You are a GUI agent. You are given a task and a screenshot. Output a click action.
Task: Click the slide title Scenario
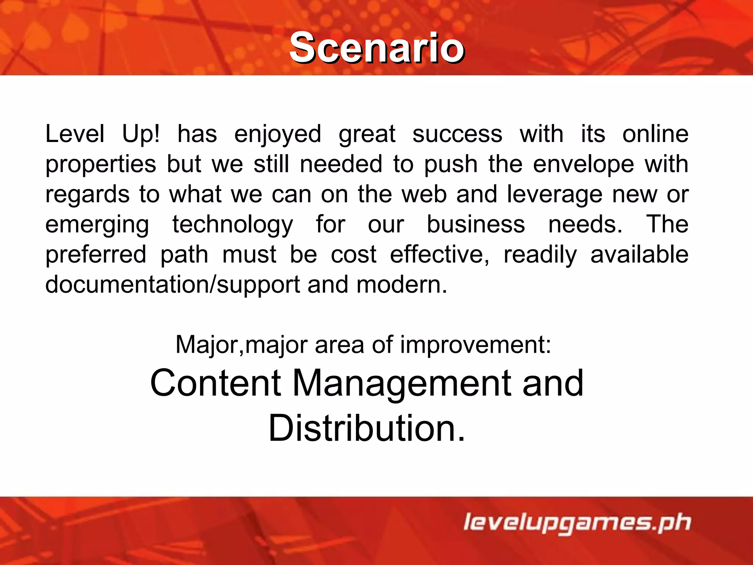(377, 48)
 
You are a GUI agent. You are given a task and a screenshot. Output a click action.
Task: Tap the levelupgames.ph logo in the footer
(577, 522)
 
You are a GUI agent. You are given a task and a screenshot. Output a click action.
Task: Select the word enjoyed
(278, 134)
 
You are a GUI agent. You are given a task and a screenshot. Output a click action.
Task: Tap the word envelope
(584, 164)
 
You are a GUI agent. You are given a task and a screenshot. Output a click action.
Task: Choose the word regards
(88, 195)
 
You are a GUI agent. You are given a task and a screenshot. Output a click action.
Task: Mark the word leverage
(555, 195)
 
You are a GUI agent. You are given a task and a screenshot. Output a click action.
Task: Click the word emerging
(97, 225)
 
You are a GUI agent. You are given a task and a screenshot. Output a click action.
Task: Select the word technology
(233, 225)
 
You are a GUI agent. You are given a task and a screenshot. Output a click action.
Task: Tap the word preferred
(96, 255)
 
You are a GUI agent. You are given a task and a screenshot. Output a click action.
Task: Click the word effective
(440, 255)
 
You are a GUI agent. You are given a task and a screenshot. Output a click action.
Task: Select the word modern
(402, 285)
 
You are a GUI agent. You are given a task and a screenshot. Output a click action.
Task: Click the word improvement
(475, 345)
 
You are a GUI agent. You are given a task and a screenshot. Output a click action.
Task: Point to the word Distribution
(367, 428)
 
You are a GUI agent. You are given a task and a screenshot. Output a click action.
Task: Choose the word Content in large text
(216, 383)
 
